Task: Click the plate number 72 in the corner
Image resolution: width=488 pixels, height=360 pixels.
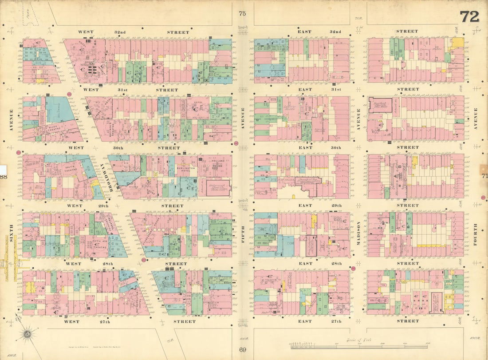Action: [469, 16]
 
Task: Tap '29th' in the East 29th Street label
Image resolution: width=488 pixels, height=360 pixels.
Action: [336, 206]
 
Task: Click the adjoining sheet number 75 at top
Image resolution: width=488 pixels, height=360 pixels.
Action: [242, 14]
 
